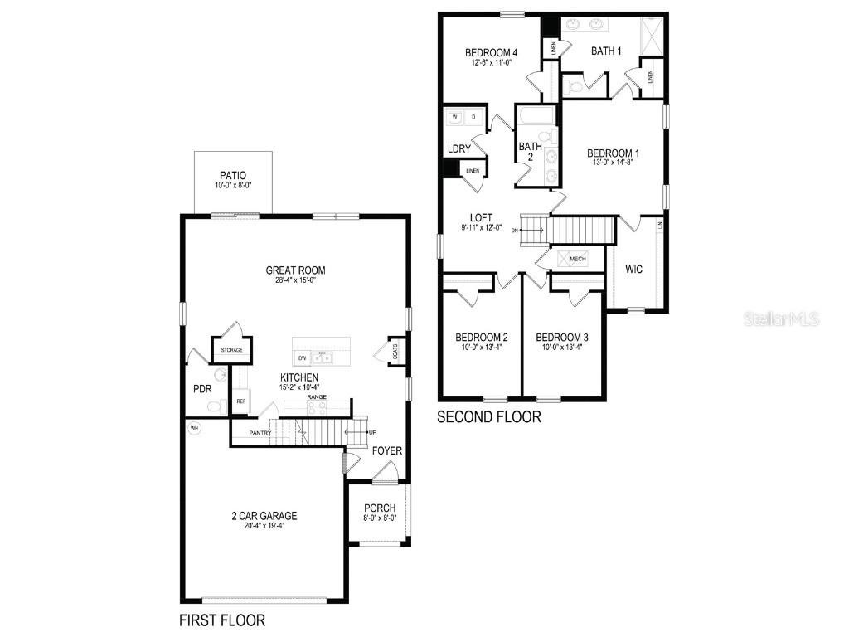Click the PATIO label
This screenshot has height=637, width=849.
tap(233, 176)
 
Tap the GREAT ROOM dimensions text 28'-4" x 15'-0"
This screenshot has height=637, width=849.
tap(295, 280)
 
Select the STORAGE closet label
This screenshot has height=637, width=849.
tap(231, 350)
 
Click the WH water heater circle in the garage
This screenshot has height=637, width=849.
tap(195, 429)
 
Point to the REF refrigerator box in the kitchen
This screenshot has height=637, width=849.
tap(241, 401)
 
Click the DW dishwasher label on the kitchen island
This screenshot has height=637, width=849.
tap(302, 358)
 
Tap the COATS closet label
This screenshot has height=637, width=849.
tap(393, 351)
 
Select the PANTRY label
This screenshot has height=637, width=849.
tap(260, 432)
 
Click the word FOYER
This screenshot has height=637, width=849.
tap(387, 451)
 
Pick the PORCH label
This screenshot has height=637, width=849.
tap(380, 508)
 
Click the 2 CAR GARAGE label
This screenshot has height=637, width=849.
tap(264, 516)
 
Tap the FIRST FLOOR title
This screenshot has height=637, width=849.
tap(222, 620)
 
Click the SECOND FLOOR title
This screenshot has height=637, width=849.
tap(489, 417)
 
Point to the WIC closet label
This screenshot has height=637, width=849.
tap(634, 270)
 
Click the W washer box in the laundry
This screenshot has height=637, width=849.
tap(455, 118)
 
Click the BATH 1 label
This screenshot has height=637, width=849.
tap(606, 51)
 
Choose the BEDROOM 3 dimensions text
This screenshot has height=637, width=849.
tap(562, 348)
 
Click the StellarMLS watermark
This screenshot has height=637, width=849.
tap(781, 318)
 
